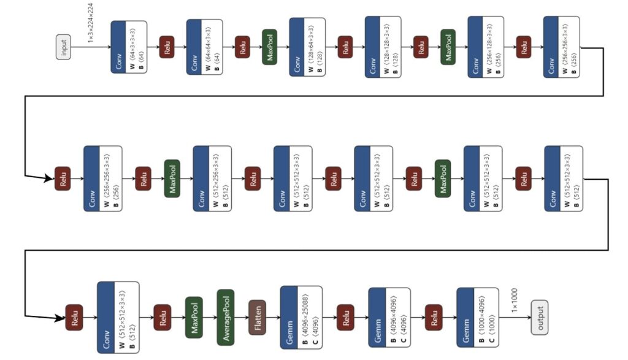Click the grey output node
[539, 318]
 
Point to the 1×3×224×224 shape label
[91, 23]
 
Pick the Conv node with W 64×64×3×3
[204, 47]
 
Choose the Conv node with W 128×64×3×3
[307, 47]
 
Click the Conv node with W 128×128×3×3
[382, 47]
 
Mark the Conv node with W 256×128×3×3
[485, 47]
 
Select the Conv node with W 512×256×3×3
[212, 178]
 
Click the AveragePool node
[226, 317]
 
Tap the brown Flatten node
[257, 317]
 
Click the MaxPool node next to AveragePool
[194, 317]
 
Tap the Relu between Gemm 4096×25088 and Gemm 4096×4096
[345, 317]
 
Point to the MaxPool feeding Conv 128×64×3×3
[269, 47]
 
